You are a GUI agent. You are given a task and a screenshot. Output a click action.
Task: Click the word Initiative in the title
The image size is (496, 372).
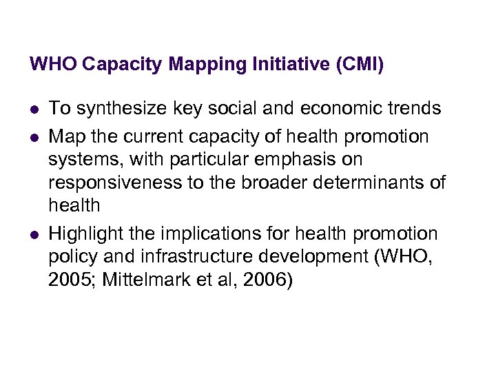[290, 65]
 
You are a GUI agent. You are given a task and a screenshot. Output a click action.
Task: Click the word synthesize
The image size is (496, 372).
[117, 108]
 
